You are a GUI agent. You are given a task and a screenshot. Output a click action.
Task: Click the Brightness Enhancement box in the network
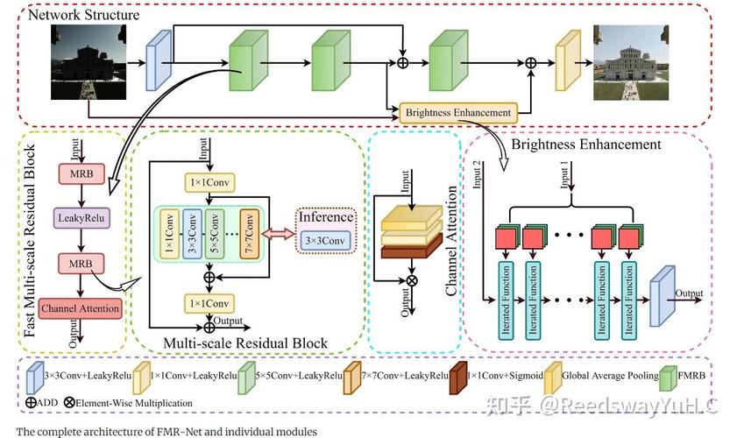coord(457,112)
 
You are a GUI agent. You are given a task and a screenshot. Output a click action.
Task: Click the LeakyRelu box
coord(81,215)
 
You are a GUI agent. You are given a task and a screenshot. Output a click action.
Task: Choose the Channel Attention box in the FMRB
coord(80,307)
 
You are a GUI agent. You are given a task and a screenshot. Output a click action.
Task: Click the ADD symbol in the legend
coord(31,403)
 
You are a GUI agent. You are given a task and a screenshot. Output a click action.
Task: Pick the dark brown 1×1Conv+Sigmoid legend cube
coord(456,378)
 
